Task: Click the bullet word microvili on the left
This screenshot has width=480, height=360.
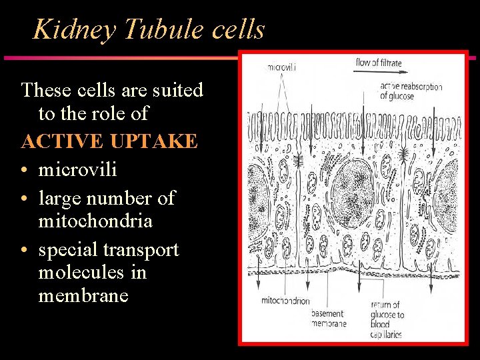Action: (x=77, y=170)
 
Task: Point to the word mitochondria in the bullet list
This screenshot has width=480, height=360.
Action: (x=95, y=220)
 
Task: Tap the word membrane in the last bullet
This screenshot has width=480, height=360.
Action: (x=83, y=295)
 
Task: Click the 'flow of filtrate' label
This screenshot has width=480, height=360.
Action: (x=379, y=63)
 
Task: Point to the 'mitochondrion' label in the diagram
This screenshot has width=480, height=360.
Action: (x=285, y=301)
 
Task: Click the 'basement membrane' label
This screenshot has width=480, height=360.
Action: (x=329, y=319)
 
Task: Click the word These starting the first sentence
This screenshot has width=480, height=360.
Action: (x=45, y=90)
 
